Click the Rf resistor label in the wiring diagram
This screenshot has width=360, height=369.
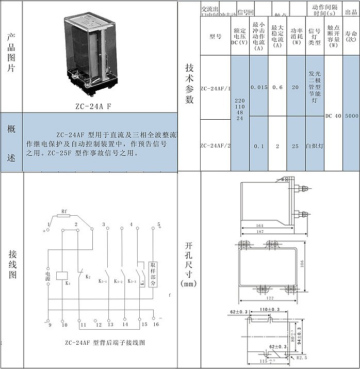click(64, 212)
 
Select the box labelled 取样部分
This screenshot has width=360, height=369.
click(153, 274)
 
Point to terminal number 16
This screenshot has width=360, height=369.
click(156, 325)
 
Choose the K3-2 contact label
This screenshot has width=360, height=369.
click(119, 281)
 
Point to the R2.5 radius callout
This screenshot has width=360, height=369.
click(302, 357)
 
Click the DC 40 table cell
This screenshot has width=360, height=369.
click(333, 116)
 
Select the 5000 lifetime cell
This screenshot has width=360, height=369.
click(351, 116)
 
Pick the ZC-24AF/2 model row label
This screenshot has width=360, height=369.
click(215, 146)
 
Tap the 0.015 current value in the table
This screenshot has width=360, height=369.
click(259, 88)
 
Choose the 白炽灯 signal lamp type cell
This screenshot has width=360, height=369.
click(315, 146)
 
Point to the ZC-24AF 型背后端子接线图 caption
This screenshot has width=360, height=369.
click(105, 342)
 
